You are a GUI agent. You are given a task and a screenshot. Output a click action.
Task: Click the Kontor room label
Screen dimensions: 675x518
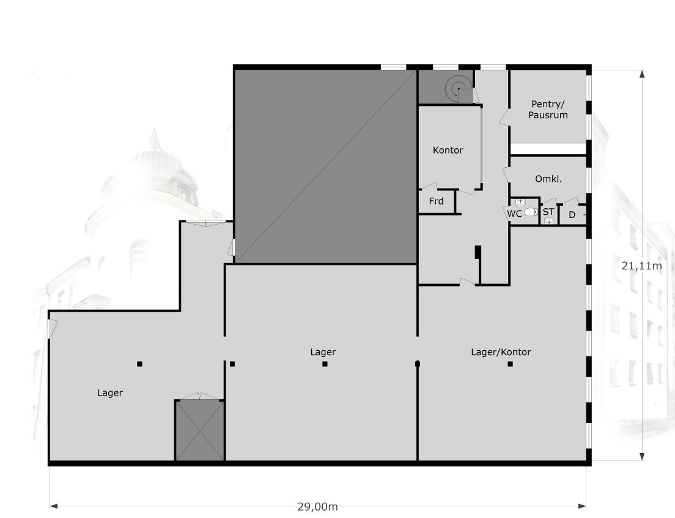coord(448,151)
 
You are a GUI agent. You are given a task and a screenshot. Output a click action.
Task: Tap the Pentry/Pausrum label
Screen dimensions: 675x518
coord(548,110)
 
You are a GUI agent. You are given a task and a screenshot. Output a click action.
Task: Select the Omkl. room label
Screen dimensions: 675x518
coord(548,179)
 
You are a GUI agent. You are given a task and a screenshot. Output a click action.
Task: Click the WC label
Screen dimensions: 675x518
coord(514,214)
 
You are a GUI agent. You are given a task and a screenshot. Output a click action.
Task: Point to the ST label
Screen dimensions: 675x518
coord(548,212)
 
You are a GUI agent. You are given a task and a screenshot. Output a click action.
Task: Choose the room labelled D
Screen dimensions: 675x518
coord(572,215)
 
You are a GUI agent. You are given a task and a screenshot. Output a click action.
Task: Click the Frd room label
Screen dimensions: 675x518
coord(436,201)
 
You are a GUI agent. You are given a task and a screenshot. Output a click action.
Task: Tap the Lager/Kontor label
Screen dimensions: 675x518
coord(501,352)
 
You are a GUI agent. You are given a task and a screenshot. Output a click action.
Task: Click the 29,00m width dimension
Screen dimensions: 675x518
coord(318,507)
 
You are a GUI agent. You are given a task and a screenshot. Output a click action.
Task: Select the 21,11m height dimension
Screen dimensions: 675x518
coord(641,266)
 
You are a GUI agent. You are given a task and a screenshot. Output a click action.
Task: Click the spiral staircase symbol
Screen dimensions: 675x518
coord(459,89)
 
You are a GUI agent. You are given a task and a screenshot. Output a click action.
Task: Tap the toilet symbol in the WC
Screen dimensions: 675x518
coord(531,212)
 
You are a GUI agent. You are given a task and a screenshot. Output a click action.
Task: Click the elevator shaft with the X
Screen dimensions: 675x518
coord(200,430)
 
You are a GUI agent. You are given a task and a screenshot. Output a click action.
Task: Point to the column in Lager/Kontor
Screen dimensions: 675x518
coord(510,364)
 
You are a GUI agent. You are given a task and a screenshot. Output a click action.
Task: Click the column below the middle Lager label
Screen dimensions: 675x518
coord(325,364)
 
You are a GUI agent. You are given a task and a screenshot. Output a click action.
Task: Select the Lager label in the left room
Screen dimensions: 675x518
coord(110,393)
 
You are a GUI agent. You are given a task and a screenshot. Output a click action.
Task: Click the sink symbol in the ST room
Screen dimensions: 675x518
coord(549,221)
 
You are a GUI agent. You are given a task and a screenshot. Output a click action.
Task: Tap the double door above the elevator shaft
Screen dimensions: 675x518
coord(200,396)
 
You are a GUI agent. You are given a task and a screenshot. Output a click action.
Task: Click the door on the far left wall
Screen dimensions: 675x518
coord(53,329)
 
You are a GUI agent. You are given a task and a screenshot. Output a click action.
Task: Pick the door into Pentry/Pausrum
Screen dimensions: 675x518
coord(504,117)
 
